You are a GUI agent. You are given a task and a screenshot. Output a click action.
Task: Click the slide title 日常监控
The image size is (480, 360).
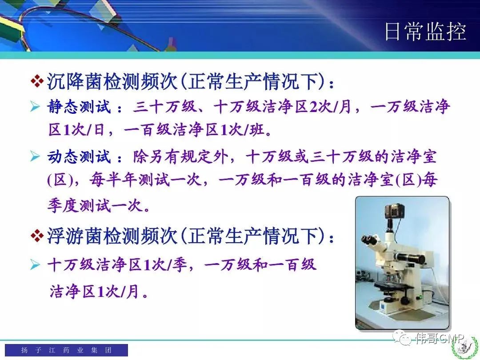coord(425,31)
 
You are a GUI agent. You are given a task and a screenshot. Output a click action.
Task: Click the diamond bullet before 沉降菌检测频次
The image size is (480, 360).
coord(37,81)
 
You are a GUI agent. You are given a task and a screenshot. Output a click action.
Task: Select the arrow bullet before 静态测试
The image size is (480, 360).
coord(35,107)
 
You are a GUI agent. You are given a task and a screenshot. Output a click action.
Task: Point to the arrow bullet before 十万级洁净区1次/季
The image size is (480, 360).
coord(35,264)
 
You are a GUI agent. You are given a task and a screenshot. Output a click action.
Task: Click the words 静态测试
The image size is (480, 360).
coord(79,107)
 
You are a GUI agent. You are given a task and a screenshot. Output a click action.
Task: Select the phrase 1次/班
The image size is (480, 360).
coord(242,130)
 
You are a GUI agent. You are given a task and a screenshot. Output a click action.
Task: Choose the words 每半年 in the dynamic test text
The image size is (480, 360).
coord(113,180)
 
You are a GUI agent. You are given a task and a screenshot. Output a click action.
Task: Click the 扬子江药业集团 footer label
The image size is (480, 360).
coord(66,350)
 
